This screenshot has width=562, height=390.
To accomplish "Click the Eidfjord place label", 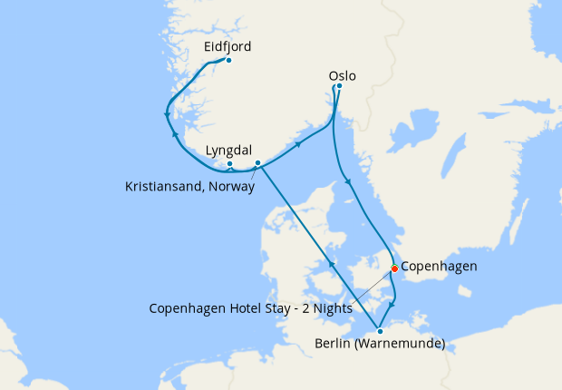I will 228,46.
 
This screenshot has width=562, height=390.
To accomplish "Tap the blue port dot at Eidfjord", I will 228,61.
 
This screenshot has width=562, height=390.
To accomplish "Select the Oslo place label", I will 343,76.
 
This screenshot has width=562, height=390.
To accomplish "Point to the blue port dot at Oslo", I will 339,87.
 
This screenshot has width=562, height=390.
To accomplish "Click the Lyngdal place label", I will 228,150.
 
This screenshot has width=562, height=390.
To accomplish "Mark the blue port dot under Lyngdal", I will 230,164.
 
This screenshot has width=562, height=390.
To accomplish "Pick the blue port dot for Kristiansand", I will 257,163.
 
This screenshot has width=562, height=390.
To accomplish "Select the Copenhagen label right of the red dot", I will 439,267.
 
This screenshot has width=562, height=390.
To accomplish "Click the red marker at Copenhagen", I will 394,268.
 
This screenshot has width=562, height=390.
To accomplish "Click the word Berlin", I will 333,344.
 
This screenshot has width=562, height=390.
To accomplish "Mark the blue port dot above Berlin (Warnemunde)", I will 380,331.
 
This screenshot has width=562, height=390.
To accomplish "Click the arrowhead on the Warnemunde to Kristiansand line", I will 333,264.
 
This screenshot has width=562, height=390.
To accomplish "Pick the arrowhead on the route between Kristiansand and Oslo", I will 298,143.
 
